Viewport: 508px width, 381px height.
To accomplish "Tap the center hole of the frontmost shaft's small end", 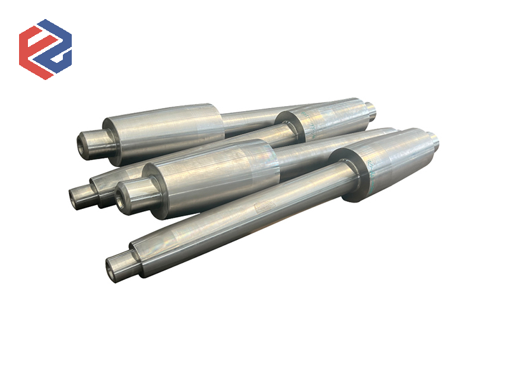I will click(112, 268).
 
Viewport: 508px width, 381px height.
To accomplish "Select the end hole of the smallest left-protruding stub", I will click(74, 196).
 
